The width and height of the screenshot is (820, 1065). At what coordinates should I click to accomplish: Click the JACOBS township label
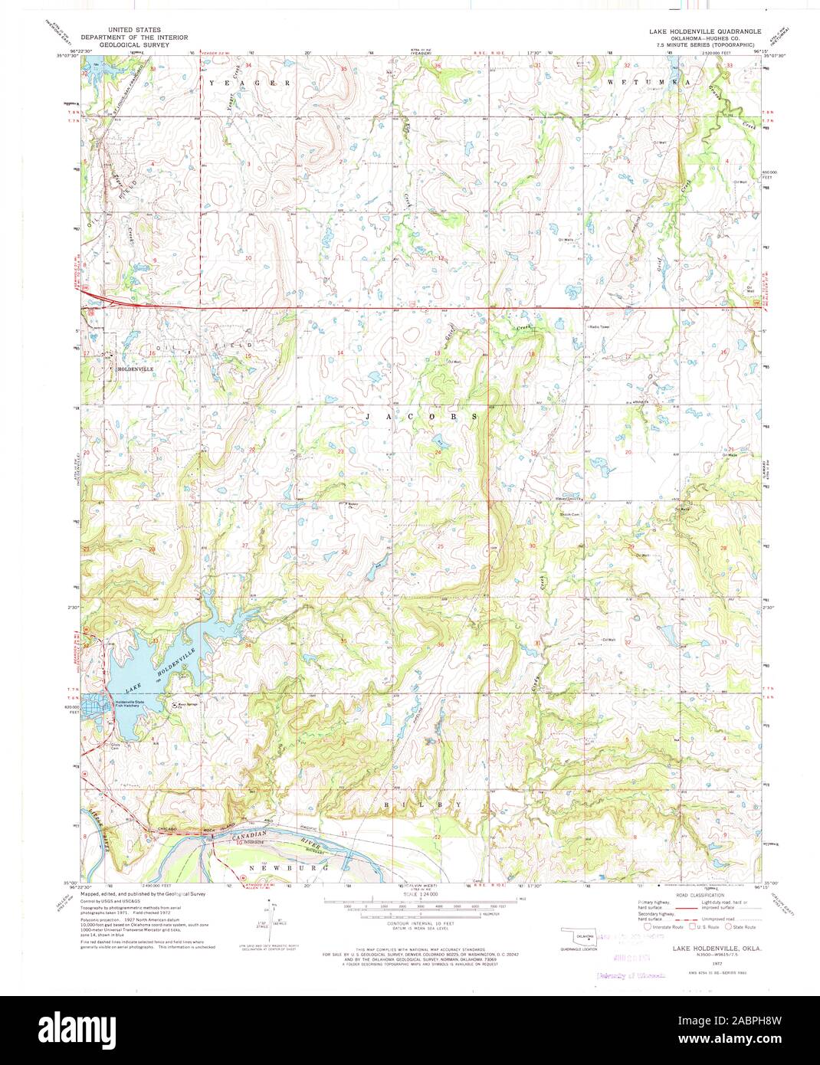[x=421, y=416]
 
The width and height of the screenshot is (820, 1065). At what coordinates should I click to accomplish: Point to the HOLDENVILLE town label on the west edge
[x=135, y=369]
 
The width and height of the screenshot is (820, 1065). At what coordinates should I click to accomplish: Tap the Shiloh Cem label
[x=570, y=514]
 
